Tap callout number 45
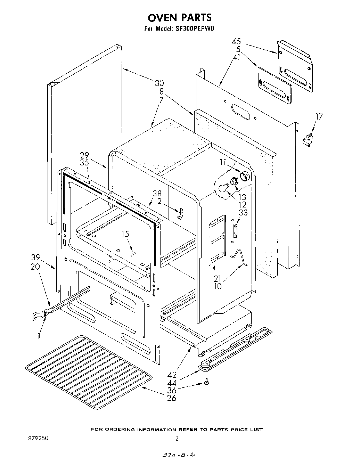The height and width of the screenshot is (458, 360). (236, 42)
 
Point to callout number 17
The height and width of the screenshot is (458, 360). (319, 117)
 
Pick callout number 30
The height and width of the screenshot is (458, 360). (159, 83)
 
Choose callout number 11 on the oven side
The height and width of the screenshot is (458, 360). (222, 162)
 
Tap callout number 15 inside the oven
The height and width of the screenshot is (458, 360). (125, 234)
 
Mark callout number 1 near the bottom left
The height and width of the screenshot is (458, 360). (39, 336)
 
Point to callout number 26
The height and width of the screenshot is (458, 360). (172, 398)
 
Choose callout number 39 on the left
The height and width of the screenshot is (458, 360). (35, 257)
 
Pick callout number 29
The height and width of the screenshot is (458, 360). (84, 155)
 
